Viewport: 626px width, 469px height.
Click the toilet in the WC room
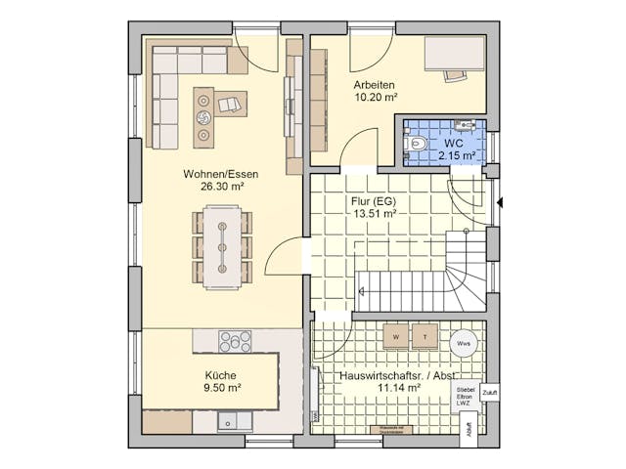(418, 144)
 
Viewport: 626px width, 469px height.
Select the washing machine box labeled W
(396, 336)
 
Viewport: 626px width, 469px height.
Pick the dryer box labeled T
(425, 336)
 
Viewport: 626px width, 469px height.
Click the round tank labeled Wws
(464, 343)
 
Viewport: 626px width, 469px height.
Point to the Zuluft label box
(490, 392)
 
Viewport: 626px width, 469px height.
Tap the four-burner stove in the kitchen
(235, 341)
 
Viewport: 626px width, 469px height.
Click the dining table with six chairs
(222, 245)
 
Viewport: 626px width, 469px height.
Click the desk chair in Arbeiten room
(453, 73)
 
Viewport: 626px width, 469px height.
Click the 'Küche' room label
(220, 374)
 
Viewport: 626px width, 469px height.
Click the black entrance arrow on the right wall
(500, 203)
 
